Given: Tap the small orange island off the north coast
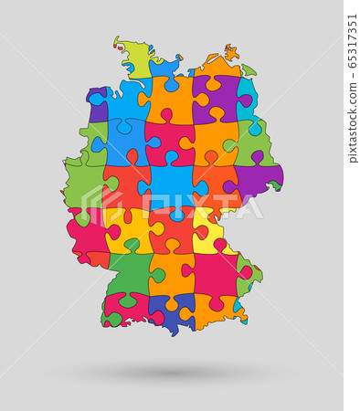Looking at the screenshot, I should click(x=230, y=51).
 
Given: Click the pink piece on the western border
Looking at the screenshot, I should click(x=88, y=237).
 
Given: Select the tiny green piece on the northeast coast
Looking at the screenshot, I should click(x=248, y=70).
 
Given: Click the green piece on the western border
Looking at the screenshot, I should click(x=84, y=183).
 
